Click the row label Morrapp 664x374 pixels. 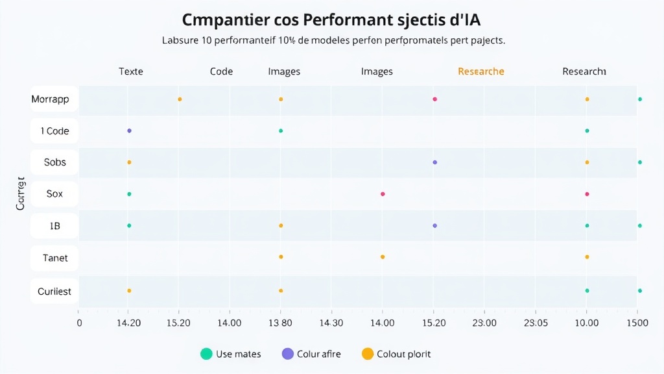click(54, 100)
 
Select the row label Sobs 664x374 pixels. click(54, 162)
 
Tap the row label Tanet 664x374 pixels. click(54, 258)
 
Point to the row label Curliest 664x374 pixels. click(54, 291)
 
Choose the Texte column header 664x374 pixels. click(131, 71)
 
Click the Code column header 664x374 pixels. click(221, 71)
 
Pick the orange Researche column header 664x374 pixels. click(480, 71)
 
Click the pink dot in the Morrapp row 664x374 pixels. click(434, 99)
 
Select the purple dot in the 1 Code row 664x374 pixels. click(129, 131)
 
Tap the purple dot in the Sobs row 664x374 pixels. click(434, 162)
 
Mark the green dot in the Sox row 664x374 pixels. click(129, 194)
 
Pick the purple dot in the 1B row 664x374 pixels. click(434, 225)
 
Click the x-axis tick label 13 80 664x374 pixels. click(280, 323)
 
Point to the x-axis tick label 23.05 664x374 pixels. click(536, 323)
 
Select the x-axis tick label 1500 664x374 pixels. click(637, 323)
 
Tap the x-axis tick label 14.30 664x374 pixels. click(331, 323)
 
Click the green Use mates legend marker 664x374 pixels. click(206, 354)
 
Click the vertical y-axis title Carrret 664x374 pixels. click(21, 193)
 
